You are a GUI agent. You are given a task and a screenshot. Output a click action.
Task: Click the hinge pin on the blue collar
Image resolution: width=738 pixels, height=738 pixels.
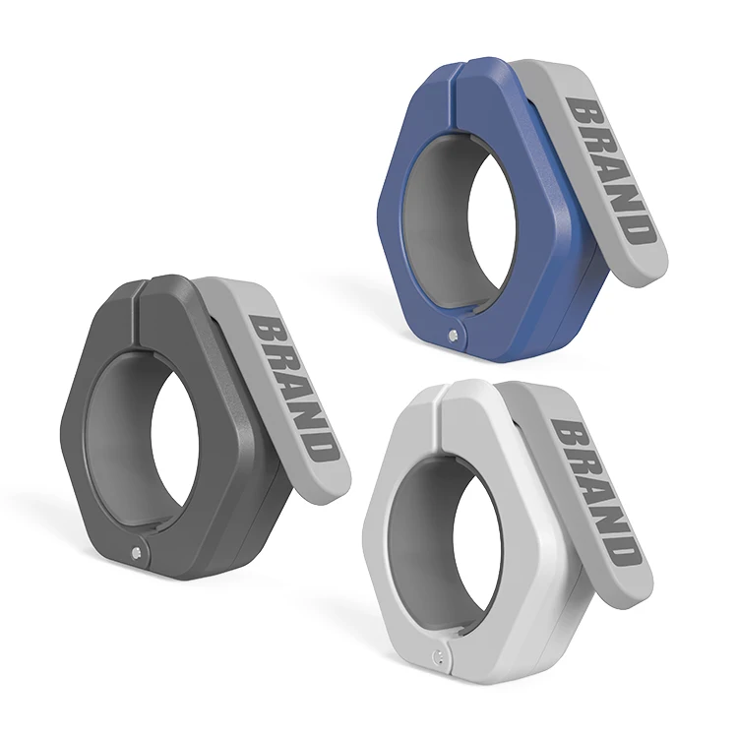[452, 335]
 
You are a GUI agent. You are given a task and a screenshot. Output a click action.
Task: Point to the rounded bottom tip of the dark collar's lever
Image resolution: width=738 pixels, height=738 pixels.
[335, 487]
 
